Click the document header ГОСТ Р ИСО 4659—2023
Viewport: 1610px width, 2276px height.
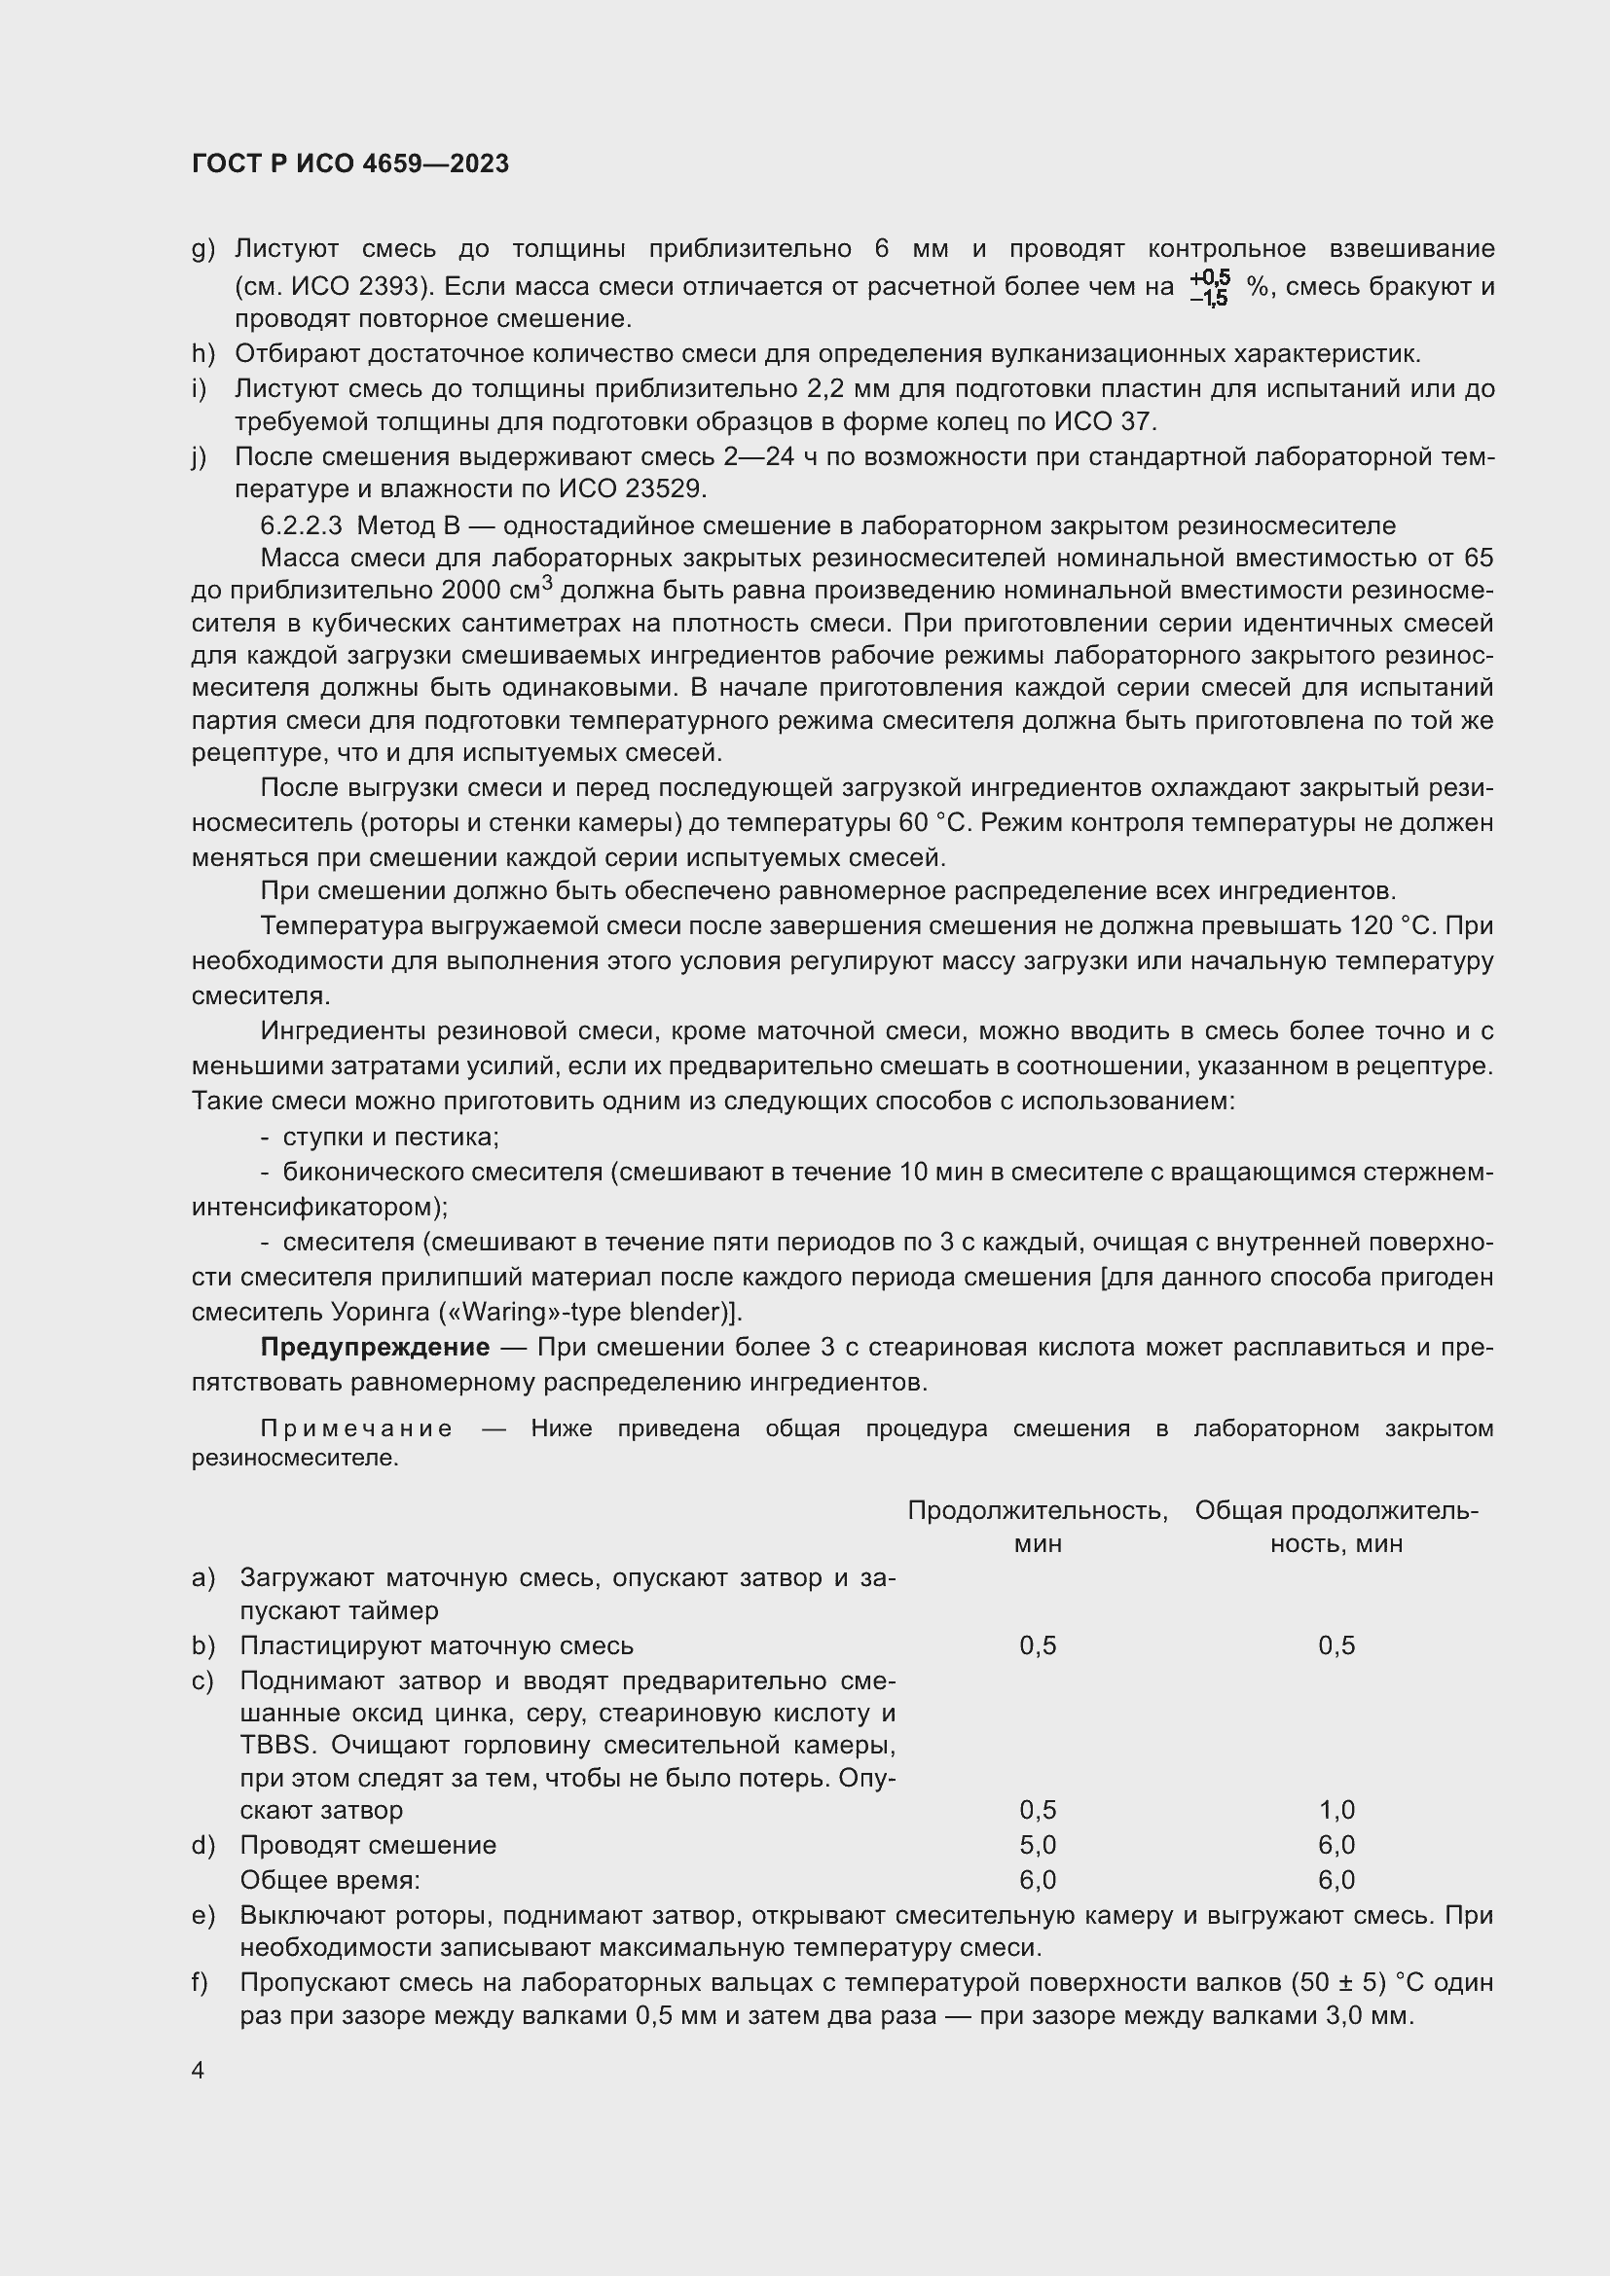click(350, 163)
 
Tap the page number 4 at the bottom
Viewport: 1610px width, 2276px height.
click(199, 2070)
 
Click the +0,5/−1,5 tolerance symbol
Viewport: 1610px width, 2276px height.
click(1210, 287)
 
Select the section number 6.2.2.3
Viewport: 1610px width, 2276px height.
click(304, 525)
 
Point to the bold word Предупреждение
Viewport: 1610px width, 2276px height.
click(375, 1347)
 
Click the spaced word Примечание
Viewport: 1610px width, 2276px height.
click(357, 1428)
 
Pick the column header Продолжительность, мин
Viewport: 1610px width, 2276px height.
click(1037, 1527)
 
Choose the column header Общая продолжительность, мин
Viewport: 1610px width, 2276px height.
click(1336, 1527)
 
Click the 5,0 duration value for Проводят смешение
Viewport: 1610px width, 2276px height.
click(1037, 1845)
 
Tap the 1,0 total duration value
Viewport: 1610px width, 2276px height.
click(1336, 1810)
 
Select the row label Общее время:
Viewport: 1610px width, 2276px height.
click(329, 1880)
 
